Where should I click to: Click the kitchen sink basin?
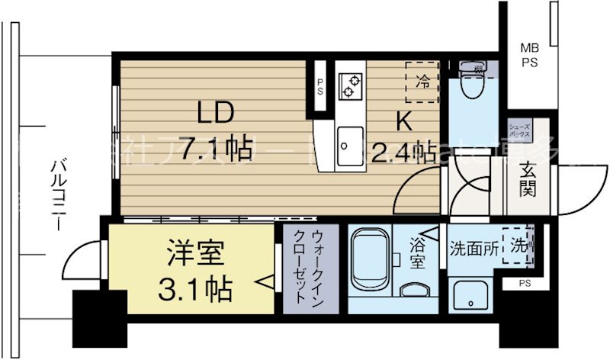click(351, 141)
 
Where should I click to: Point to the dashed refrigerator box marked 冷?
click(422, 80)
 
